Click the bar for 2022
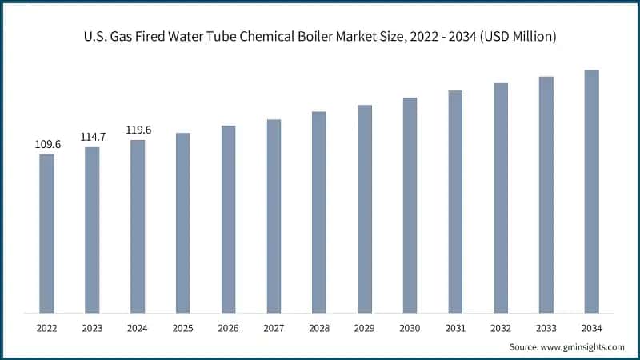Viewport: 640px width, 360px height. [47, 233]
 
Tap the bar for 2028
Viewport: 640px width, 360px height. [319, 212]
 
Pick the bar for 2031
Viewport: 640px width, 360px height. [455, 202]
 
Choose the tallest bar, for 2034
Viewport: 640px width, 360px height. [591, 191]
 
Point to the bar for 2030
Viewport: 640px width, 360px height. [410, 205]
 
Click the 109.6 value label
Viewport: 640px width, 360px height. [47, 145]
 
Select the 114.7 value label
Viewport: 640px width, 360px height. [93, 138]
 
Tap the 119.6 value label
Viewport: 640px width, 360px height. [138, 130]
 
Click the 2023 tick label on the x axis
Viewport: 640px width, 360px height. [93, 328]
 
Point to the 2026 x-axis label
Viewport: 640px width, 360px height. [229, 328]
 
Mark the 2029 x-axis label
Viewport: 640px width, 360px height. [365, 328]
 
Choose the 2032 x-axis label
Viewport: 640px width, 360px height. [501, 328]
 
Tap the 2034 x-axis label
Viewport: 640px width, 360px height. [591, 328]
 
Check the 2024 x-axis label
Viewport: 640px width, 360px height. [138, 328]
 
